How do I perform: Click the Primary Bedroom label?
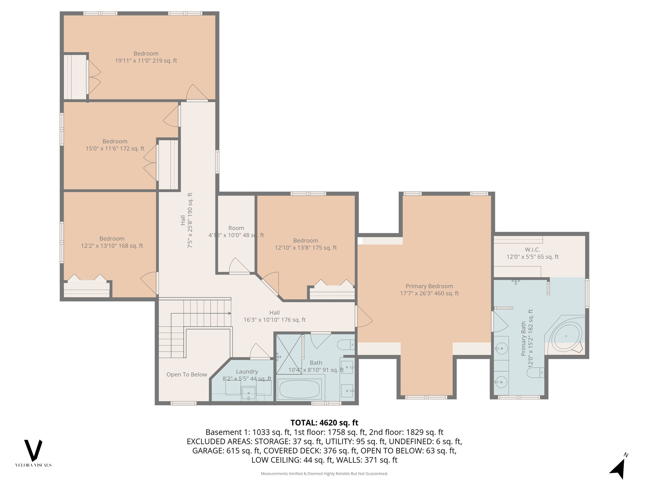pos(429,286)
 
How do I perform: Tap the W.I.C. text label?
pos(532,250)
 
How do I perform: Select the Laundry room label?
pos(247,372)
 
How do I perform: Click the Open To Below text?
pos(187,375)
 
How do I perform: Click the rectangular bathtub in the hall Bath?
pos(299,389)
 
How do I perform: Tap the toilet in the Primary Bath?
pos(535,373)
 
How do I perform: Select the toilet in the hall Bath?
pos(345,344)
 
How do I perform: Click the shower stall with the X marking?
pos(289,354)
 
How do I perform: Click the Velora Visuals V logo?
pos(33,451)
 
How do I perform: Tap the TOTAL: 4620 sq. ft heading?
pos(324,423)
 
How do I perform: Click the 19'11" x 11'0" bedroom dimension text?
pos(146,61)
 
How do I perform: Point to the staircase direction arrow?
pos(229,313)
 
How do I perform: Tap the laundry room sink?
pos(248,393)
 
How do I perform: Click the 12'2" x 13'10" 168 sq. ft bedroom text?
pos(112,246)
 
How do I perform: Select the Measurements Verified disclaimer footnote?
pos(324,474)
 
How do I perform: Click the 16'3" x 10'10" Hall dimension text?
pos(274,320)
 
